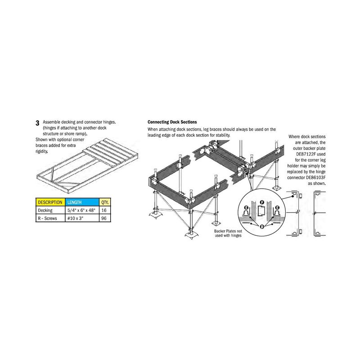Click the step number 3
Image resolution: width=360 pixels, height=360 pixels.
click(37, 123)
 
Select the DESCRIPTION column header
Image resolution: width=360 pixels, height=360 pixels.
click(50, 202)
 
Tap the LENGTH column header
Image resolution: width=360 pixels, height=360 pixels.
click(82, 202)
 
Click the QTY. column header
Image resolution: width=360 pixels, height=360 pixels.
click(105, 202)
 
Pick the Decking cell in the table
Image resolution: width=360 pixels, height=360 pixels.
click(50, 210)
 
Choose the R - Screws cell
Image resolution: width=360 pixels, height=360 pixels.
click(50, 218)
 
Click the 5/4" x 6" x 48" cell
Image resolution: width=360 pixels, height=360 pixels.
click(82, 210)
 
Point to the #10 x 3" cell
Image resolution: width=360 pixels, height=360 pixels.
click(82, 218)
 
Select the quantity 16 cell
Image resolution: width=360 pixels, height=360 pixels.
click(105, 210)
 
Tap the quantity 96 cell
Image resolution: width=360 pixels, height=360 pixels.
click(105, 218)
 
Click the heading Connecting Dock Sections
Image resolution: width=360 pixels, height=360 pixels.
click(172, 122)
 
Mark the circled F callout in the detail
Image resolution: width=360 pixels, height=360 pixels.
click(262, 202)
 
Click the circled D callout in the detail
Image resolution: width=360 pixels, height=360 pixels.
click(262, 227)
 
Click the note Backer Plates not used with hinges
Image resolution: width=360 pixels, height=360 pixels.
click(228, 233)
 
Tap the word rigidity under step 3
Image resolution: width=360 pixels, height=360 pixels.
click(42, 151)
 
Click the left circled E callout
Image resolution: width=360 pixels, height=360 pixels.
click(246, 207)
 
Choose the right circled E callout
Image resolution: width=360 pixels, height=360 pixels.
click(277, 207)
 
